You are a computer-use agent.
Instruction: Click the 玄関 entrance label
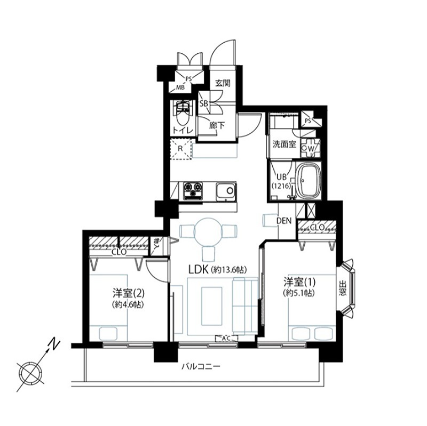[223, 83]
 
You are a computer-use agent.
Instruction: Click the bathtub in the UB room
[307, 181]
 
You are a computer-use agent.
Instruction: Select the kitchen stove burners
[193, 189]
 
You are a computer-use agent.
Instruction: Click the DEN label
[284, 220]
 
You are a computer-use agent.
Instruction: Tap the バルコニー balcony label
[200, 367]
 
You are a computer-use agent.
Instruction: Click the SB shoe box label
[203, 103]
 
